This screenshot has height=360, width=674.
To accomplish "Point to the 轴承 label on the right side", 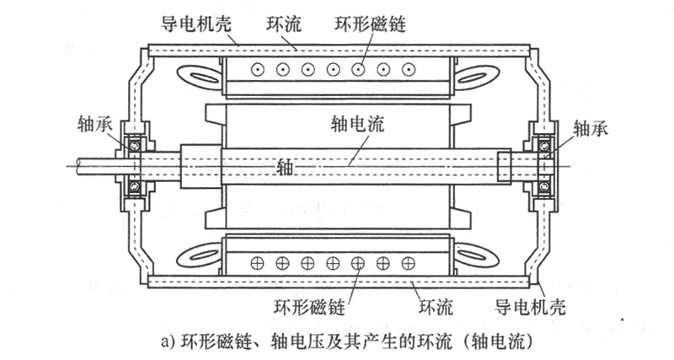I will (589, 128).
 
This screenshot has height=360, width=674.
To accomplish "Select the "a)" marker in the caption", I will (165, 343).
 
